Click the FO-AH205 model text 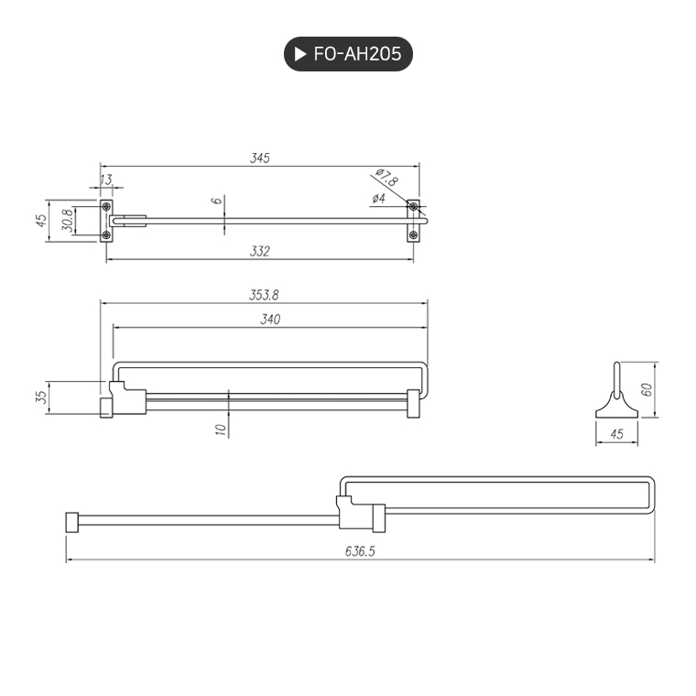click(x=357, y=54)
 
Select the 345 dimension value click(x=260, y=158)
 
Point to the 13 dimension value click(x=106, y=179)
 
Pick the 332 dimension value click(x=260, y=251)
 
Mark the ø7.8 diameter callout click(x=386, y=178)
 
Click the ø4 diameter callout click(x=378, y=199)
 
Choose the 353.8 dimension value click(x=264, y=295)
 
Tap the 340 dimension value click(x=269, y=319)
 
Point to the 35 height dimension click(x=41, y=397)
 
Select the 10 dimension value click(x=220, y=429)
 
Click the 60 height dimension click(x=646, y=389)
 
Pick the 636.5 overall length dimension click(x=361, y=551)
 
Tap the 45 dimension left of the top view click(x=41, y=222)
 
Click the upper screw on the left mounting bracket click(x=106, y=206)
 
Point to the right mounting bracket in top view click(x=414, y=221)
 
